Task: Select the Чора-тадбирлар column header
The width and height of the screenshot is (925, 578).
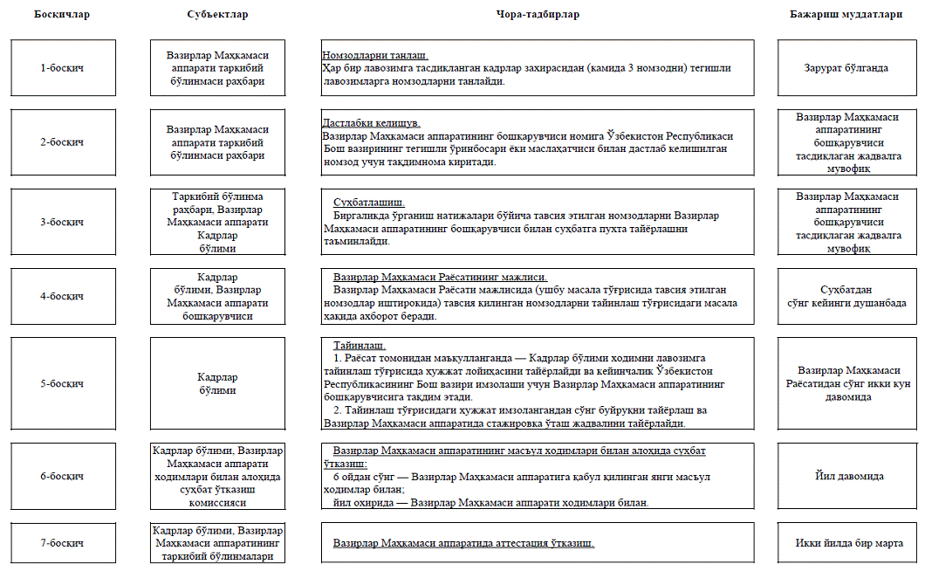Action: [537, 15]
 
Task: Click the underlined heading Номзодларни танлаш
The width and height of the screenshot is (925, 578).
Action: [375, 56]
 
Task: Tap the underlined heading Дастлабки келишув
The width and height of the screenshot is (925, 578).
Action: [372, 123]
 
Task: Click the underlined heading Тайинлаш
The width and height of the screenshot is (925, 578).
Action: [360, 346]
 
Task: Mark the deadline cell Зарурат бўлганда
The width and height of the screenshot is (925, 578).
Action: [846, 68]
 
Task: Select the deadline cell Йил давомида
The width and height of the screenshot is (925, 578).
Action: [846, 477]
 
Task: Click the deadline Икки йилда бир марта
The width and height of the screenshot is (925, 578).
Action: [846, 543]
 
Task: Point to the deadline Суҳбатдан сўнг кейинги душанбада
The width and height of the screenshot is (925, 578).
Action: [846, 297]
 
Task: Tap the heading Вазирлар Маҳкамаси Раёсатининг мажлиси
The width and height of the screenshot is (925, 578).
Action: [440, 278]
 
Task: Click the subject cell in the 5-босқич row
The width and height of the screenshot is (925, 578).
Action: [217, 384]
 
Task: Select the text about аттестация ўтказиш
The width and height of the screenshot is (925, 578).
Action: [463, 543]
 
